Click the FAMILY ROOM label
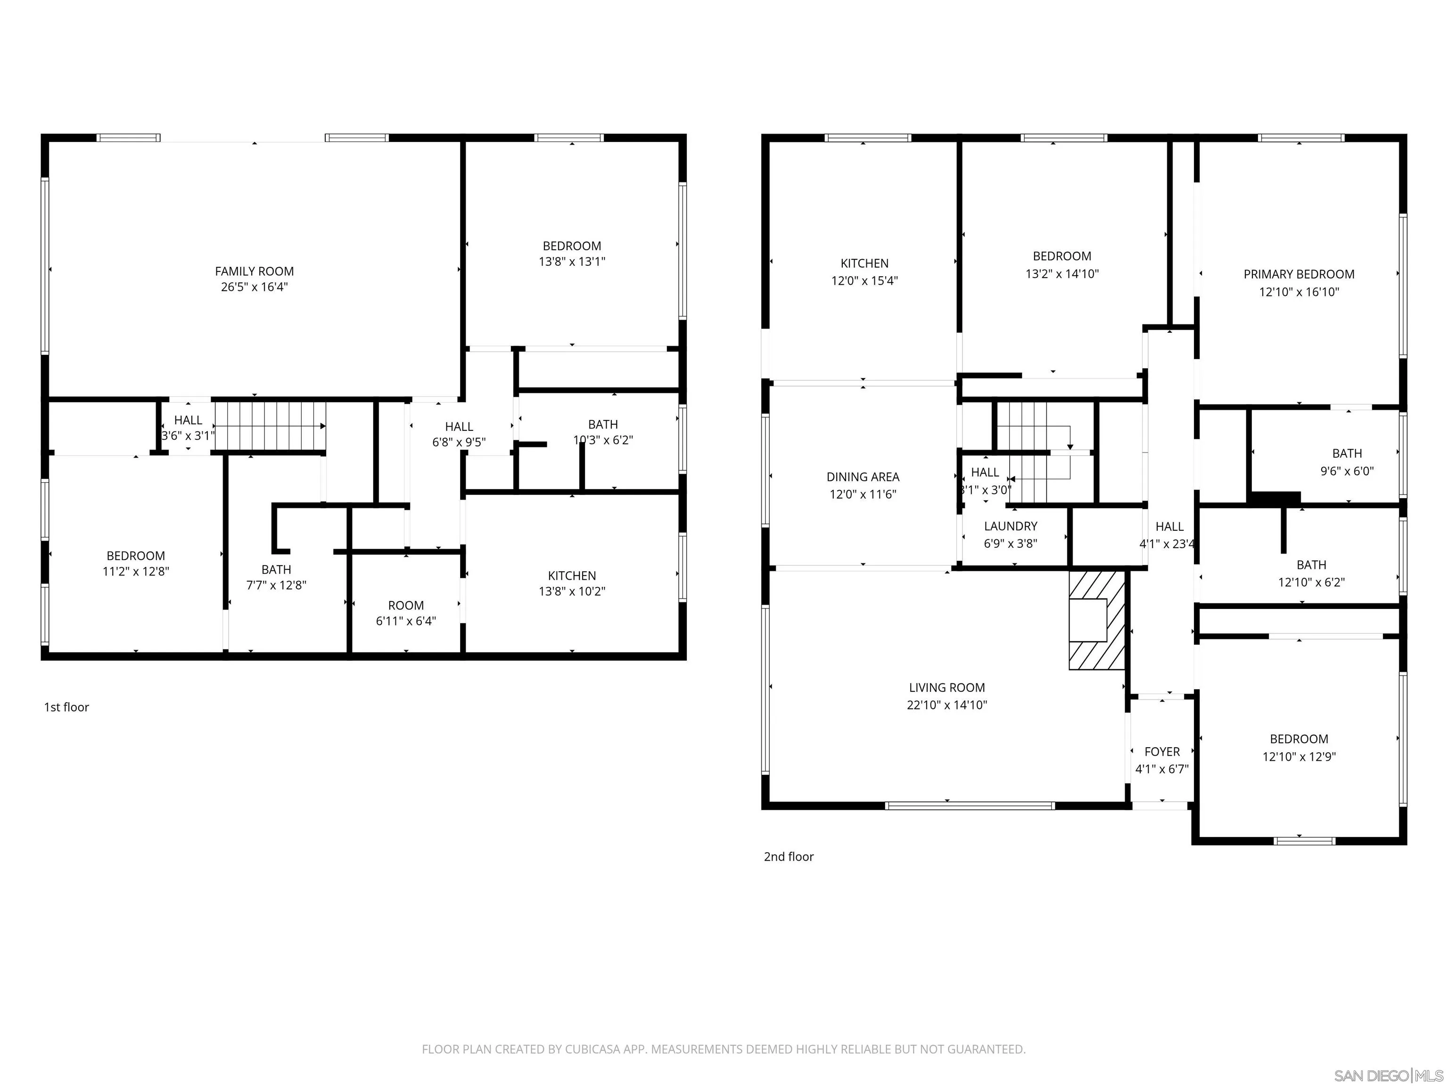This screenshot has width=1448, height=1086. pyautogui.click(x=254, y=271)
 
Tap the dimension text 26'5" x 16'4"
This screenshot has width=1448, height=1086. pyautogui.click(x=254, y=287)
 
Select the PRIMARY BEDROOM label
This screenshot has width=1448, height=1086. pyautogui.click(x=1299, y=274)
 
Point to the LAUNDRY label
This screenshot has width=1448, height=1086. pyautogui.click(x=1010, y=527)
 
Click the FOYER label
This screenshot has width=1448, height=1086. pyautogui.click(x=1162, y=751)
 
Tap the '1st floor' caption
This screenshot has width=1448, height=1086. pyautogui.click(x=66, y=707)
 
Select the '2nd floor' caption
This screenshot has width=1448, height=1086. pyautogui.click(x=788, y=856)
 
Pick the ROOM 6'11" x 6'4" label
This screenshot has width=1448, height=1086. pyautogui.click(x=406, y=606)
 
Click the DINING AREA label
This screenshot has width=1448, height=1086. pyautogui.click(x=863, y=477)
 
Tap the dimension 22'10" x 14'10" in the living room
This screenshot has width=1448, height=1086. pyautogui.click(x=946, y=705)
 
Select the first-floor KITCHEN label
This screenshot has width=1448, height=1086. pyautogui.click(x=571, y=576)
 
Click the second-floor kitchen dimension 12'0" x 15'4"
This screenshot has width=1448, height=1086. pyautogui.click(x=864, y=281)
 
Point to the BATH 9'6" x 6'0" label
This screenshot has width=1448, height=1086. pyautogui.click(x=1347, y=453)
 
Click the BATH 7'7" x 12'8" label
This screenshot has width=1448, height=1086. pyautogui.click(x=276, y=569)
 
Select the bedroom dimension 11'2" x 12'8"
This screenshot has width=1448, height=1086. pyautogui.click(x=135, y=571)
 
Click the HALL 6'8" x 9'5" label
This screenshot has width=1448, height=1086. pyautogui.click(x=459, y=427)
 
